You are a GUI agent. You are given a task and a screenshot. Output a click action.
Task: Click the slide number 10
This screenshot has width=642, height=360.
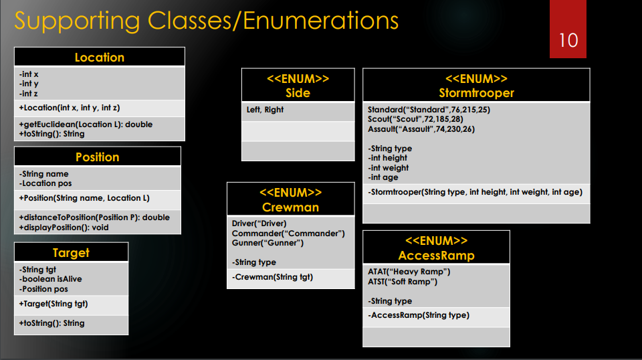[568, 40]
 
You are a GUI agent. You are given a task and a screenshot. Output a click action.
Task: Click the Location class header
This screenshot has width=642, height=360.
[100, 58]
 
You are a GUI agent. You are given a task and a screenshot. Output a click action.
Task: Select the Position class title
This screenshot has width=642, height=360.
[98, 157]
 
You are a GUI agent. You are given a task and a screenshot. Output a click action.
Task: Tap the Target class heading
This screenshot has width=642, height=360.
[72, 253]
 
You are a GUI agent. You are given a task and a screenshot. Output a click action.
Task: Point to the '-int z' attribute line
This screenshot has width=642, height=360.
[28, 94]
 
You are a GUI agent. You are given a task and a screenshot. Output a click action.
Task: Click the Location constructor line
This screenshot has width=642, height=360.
[69, 108]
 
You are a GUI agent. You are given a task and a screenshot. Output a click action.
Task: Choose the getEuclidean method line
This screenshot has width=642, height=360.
[86, 124]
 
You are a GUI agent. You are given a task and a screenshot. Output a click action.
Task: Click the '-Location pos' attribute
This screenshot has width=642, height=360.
[45, 183]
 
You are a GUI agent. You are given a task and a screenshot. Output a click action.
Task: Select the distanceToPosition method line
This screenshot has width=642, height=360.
[94, 217]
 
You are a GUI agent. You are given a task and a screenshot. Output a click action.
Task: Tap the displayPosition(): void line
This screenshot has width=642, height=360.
[64, 228]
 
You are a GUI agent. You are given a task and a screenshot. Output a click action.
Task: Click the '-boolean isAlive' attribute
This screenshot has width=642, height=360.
[50, 279]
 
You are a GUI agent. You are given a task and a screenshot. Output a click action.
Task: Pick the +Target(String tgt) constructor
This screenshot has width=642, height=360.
[53, 304]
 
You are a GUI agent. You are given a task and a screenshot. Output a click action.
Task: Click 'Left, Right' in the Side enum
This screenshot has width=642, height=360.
[265, 110]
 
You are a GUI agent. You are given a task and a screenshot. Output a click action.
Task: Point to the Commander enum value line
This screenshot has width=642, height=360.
[288, 233]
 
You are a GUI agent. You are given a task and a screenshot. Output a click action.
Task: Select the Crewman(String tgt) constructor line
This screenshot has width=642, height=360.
[272, 277]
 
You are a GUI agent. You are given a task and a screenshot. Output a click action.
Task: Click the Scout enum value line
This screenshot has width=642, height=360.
[415, 119]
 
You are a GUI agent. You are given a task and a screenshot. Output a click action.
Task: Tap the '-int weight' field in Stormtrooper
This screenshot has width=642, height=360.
[388, 167]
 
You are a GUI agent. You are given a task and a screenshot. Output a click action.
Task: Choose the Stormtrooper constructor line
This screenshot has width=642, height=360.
[475, 192]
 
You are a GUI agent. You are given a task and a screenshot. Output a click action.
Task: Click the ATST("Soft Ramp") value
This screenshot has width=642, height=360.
[403, 281]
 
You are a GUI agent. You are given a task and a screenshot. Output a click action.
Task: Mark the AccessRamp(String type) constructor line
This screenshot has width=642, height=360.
[419, 315]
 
